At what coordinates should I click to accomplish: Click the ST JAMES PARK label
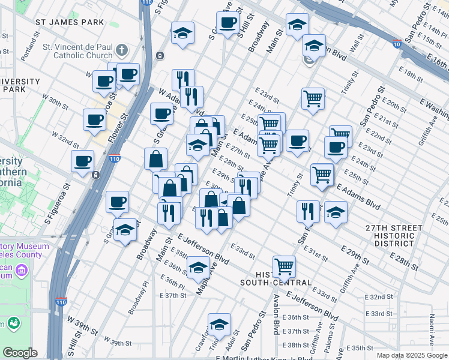coord(70,22)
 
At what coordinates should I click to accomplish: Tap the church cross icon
coord(122,50)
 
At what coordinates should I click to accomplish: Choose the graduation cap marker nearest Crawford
coord(220,324)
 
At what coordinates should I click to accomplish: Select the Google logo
coord(20,353)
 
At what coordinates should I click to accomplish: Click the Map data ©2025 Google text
coord(411,355)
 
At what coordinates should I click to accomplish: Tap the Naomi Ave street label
coord(431,333)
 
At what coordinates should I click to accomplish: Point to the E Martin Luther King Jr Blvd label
coord(264,358)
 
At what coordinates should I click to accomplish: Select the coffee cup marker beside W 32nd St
coord(83,160)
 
